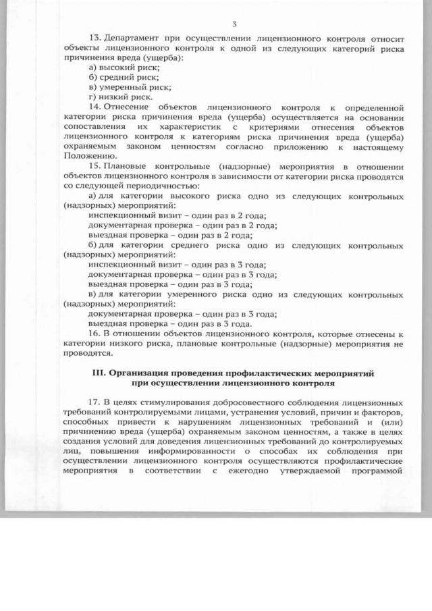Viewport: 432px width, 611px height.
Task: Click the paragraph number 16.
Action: point(94,334)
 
